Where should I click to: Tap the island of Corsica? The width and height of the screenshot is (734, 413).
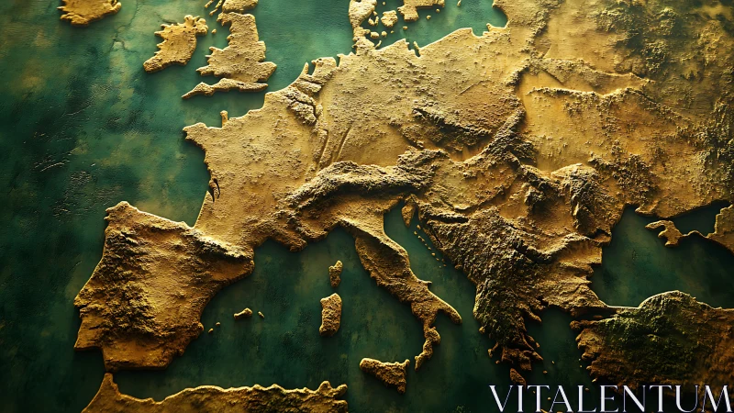336,273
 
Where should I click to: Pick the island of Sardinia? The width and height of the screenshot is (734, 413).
330,313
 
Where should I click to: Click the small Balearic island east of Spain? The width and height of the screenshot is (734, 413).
243,314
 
